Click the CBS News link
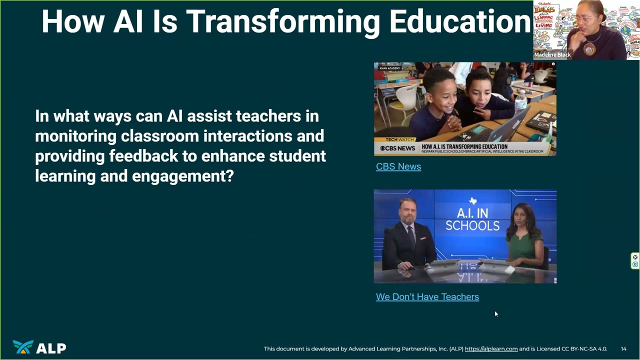[x=398, y=166]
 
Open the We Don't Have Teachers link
[x=427, y=297]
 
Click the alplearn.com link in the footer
[x=491, y=349]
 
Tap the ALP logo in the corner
[x=39, y=347]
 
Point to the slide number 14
[x=623, y=349]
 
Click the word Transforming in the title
[x=283, y=21]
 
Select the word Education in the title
[x=459, y=21]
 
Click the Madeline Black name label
[x=552, y=55]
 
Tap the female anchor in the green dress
[x=524, y=240]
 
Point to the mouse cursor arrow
[x=495, y=313]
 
